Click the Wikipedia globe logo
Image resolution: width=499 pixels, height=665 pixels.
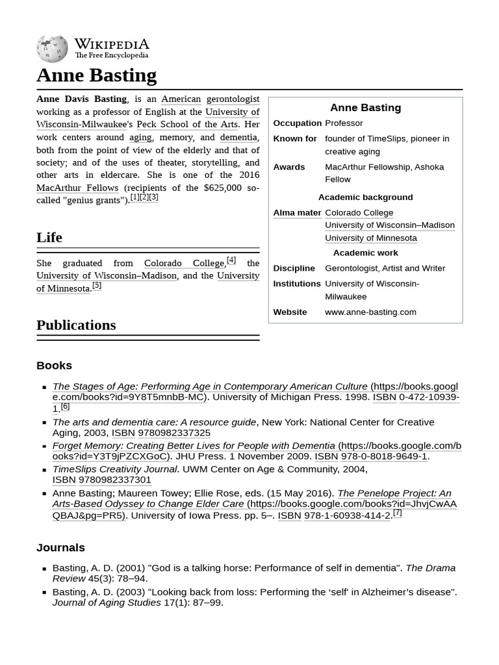52,49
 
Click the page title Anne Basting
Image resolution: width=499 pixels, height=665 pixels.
96,75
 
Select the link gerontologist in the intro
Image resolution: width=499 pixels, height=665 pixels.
233,99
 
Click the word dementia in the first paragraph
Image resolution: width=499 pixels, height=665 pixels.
238,137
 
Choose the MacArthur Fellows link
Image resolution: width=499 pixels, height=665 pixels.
77,188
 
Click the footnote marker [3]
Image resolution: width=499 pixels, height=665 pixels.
153,197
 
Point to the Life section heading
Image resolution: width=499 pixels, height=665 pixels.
49,238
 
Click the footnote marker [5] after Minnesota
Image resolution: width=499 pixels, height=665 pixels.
97,286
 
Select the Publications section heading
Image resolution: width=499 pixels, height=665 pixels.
76,325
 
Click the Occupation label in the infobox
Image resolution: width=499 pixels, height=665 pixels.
297,123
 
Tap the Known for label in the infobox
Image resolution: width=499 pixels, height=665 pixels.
295,139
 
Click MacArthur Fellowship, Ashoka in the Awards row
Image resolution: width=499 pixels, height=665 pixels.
384,167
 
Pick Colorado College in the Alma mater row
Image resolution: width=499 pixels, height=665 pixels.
359,213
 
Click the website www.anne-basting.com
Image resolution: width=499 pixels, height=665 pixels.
370,312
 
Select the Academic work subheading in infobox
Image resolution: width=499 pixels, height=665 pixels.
365,253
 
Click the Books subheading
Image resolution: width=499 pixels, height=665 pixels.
54,366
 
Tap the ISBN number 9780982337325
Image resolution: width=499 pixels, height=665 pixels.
174,433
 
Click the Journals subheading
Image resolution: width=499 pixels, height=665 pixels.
60,547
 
